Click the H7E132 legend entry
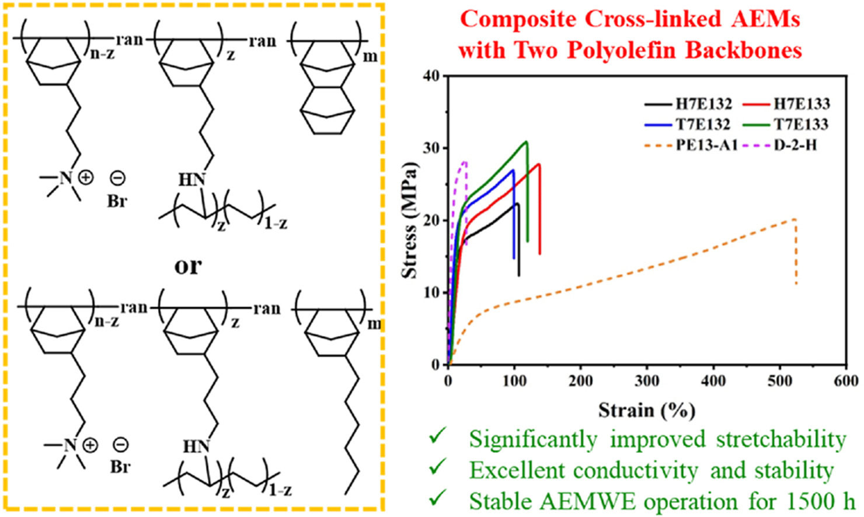(703, 105)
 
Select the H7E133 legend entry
(801, 105)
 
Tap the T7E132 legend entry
(703, 125)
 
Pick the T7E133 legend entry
(801, 125)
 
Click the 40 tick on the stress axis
(433, 76)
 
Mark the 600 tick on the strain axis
(846, 381)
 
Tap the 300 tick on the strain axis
(647, 381)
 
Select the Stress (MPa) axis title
(410, 220)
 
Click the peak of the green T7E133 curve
(527, 141)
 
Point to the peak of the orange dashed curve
(795, 219)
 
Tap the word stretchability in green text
(781, 439)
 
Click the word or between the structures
(188, 266)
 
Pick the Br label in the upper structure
(117, 201)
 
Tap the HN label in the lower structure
(196, 447)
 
